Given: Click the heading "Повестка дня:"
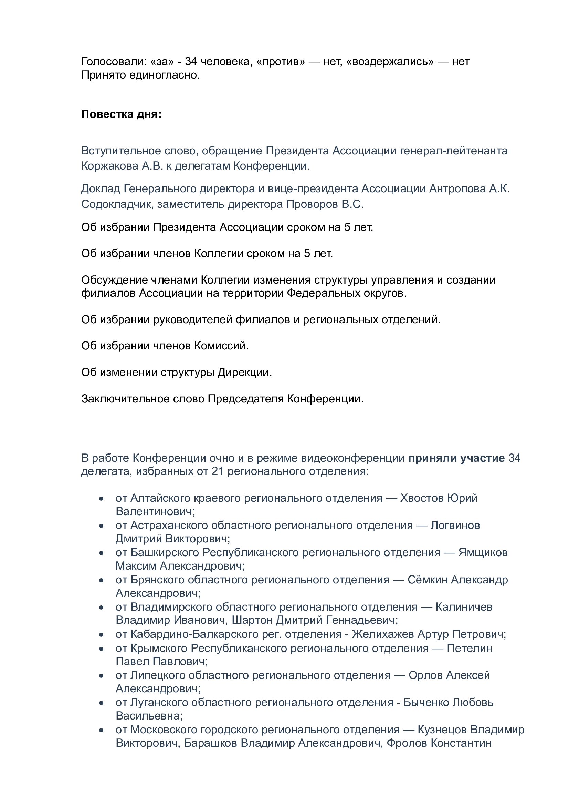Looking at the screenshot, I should click(121, 114).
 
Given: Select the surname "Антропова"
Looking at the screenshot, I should click(457, 188).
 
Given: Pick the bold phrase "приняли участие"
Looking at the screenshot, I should click(456, 458).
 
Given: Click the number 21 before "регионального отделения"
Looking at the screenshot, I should click(217, 471).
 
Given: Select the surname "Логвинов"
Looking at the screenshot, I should click(455, 525).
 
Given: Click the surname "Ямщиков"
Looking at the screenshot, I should click(483, 552).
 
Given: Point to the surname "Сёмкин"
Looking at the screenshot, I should click(427, 580).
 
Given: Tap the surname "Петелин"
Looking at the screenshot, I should click(469, 648).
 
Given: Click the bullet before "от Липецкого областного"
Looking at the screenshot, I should click(101, 675).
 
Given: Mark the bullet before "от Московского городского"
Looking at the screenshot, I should click(101, 730).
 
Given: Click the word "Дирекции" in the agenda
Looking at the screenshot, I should click(244, 372).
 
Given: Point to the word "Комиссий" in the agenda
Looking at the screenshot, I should click(221, 346).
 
